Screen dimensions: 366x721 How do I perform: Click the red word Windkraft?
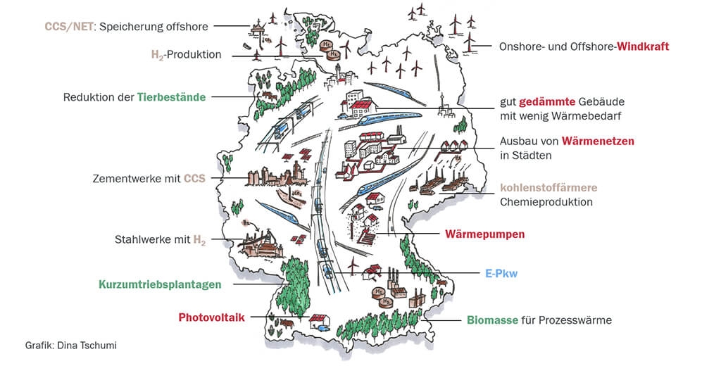point(643,46)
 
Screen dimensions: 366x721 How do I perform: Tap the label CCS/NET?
point(69,27)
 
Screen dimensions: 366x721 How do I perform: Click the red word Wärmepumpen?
point(485,234)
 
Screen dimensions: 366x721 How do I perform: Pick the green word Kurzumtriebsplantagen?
point(160,284)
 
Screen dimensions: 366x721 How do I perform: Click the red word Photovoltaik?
point(211,317)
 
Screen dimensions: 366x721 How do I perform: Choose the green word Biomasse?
point(492,320)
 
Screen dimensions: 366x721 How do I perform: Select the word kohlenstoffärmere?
point(548,188)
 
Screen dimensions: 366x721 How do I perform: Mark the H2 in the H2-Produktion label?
point(158,55)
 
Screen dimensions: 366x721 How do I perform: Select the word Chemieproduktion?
point(546,202)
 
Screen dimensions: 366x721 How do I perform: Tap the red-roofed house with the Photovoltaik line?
point(317,321)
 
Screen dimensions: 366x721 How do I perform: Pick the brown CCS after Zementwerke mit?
point(194,179)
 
